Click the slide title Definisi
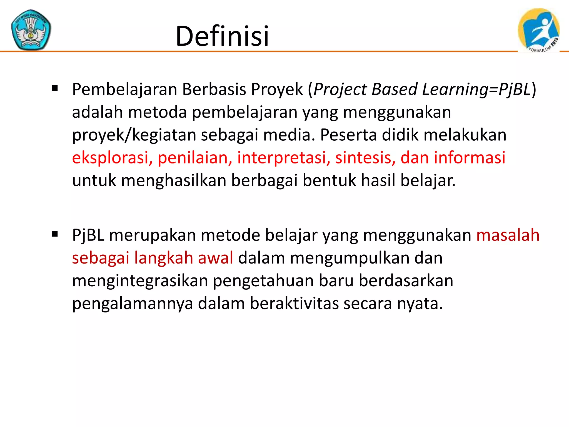pyautogui.click(x=222, y=36)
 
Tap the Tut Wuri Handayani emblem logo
pyautogui.click(x=31, y=30)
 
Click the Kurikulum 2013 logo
pyautogui.click(x=538, y=30)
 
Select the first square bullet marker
pyautogui.click(x=55, y=89)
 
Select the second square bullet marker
pyautogui.click(x=55, y=234)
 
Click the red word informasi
pyautogui.click(x=470, y=158)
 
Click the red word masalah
pyautogui.click(x=508, y=235)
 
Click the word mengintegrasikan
pyautogui.click(x=140, y=281)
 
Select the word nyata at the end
pyautogui.click(x=420, y=304)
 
